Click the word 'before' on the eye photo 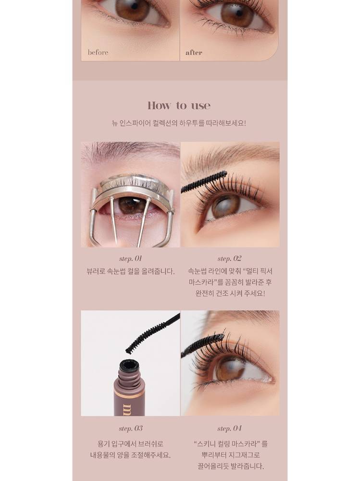(98, 52)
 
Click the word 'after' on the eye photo (194, 53)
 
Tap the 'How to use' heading (179, 105)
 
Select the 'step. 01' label (130, 259)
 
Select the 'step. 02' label (229, 259)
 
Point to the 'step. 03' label (131, 428)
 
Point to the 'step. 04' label (229, 428)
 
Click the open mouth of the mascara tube (129, 365)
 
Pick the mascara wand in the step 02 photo (204, 182)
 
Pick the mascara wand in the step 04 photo (202, 345)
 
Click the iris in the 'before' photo (133, 9)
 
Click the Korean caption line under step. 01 (131, 271)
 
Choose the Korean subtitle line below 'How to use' (179, 123)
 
